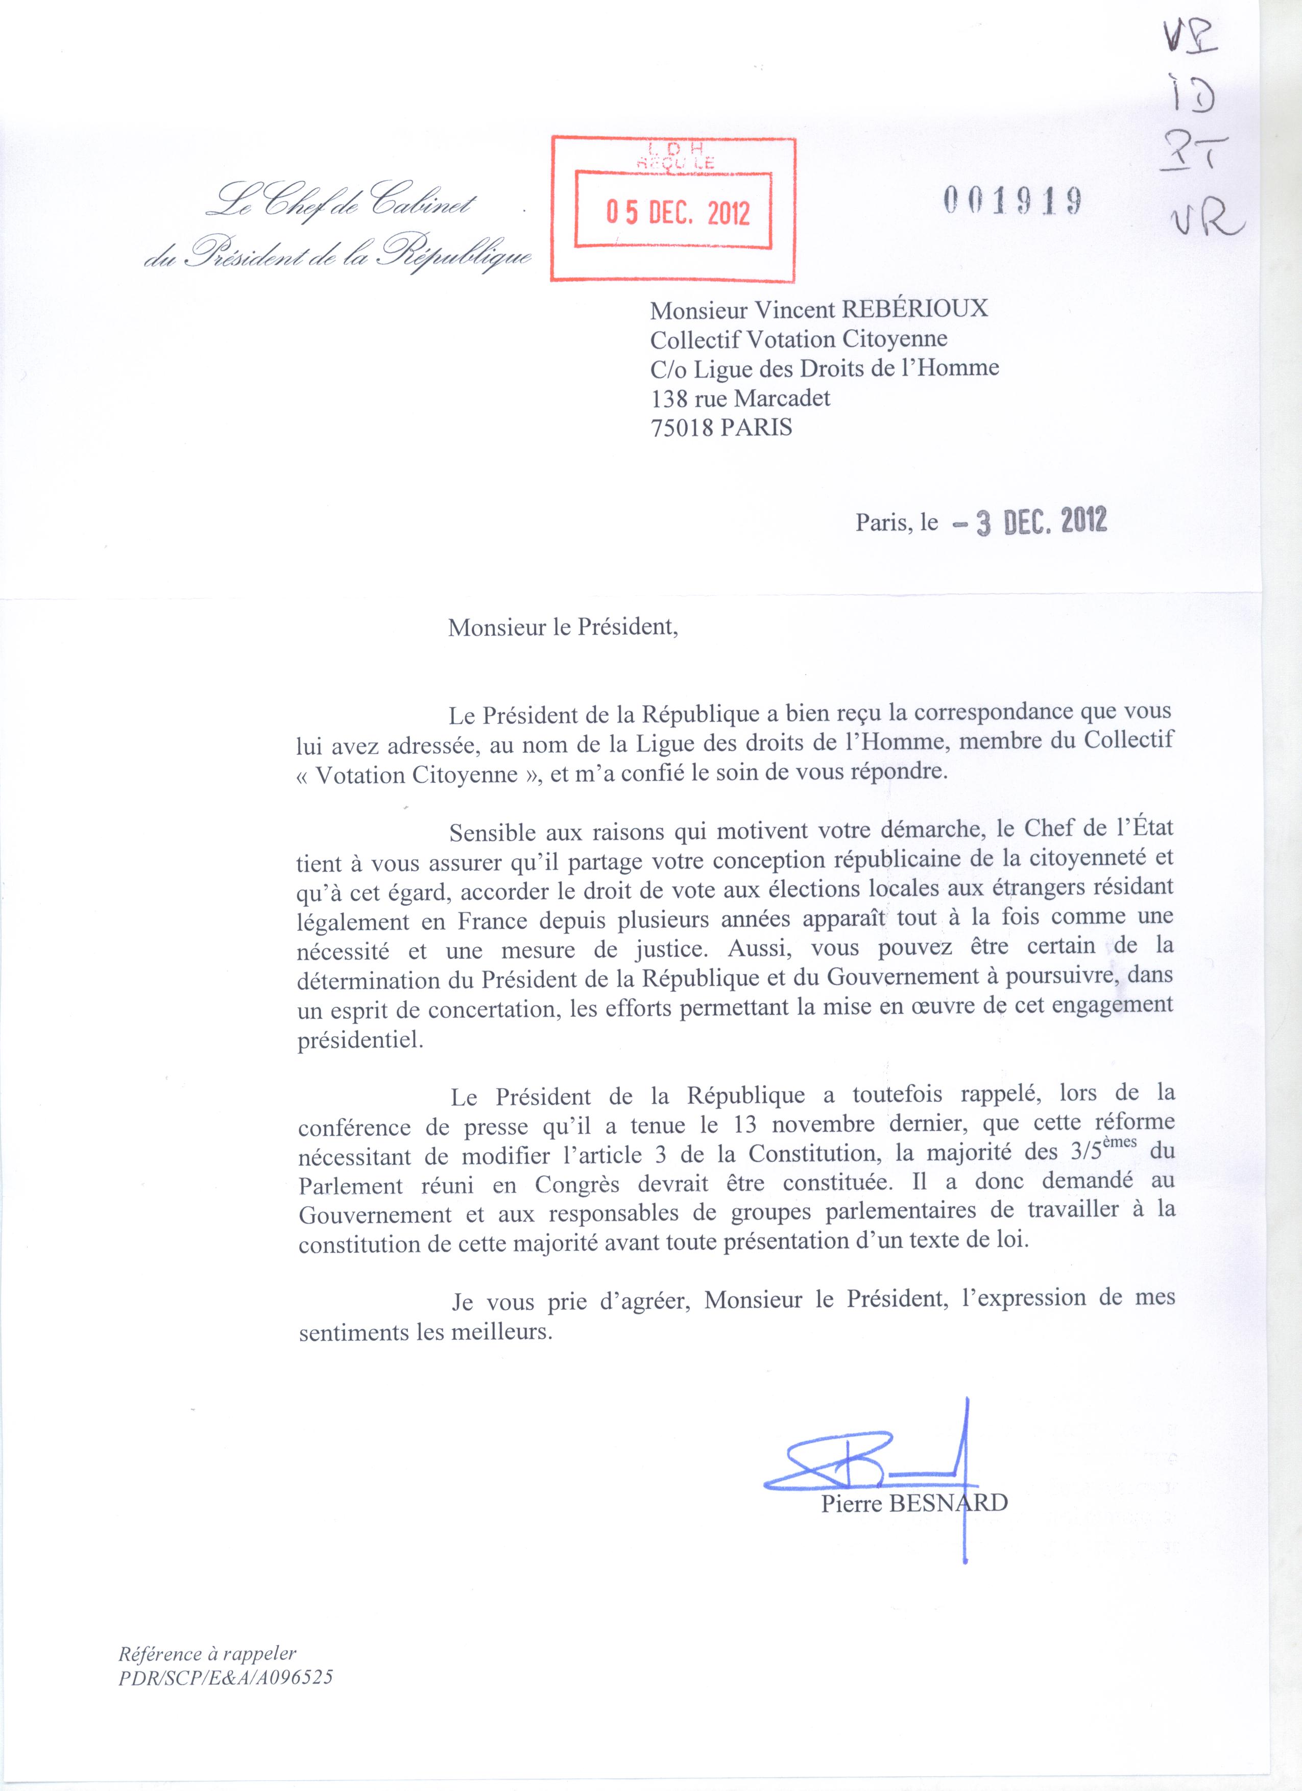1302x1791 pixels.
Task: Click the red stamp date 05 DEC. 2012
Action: [678, 214]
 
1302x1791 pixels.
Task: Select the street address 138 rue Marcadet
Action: [740, 398]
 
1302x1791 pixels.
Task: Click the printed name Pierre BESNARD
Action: [914, 951]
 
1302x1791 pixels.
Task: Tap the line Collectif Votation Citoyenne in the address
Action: [799, 339]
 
